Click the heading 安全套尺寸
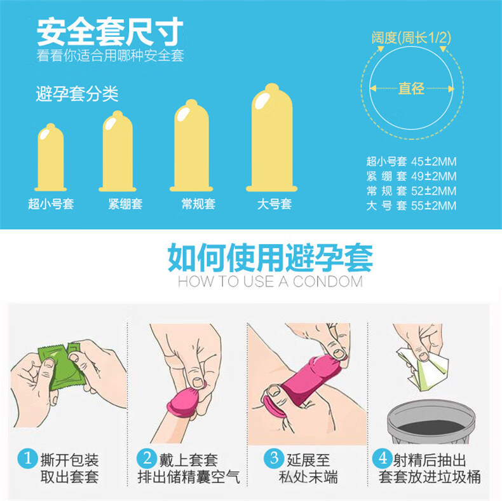(x=110, y=31)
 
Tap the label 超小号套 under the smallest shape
(x=51, y=205)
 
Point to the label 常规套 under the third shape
(x=198, y=205)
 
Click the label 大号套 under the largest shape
(x=275, y=205)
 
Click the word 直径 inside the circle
(x=411, y=89)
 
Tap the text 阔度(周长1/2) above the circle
(x=411, y=38)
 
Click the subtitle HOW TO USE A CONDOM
(x=270, y=282)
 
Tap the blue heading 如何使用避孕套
(x=270, y=257)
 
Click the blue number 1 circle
(x=27, y=457)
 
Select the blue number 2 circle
(x=147, y=457)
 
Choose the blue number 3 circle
(x=274, y=457)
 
